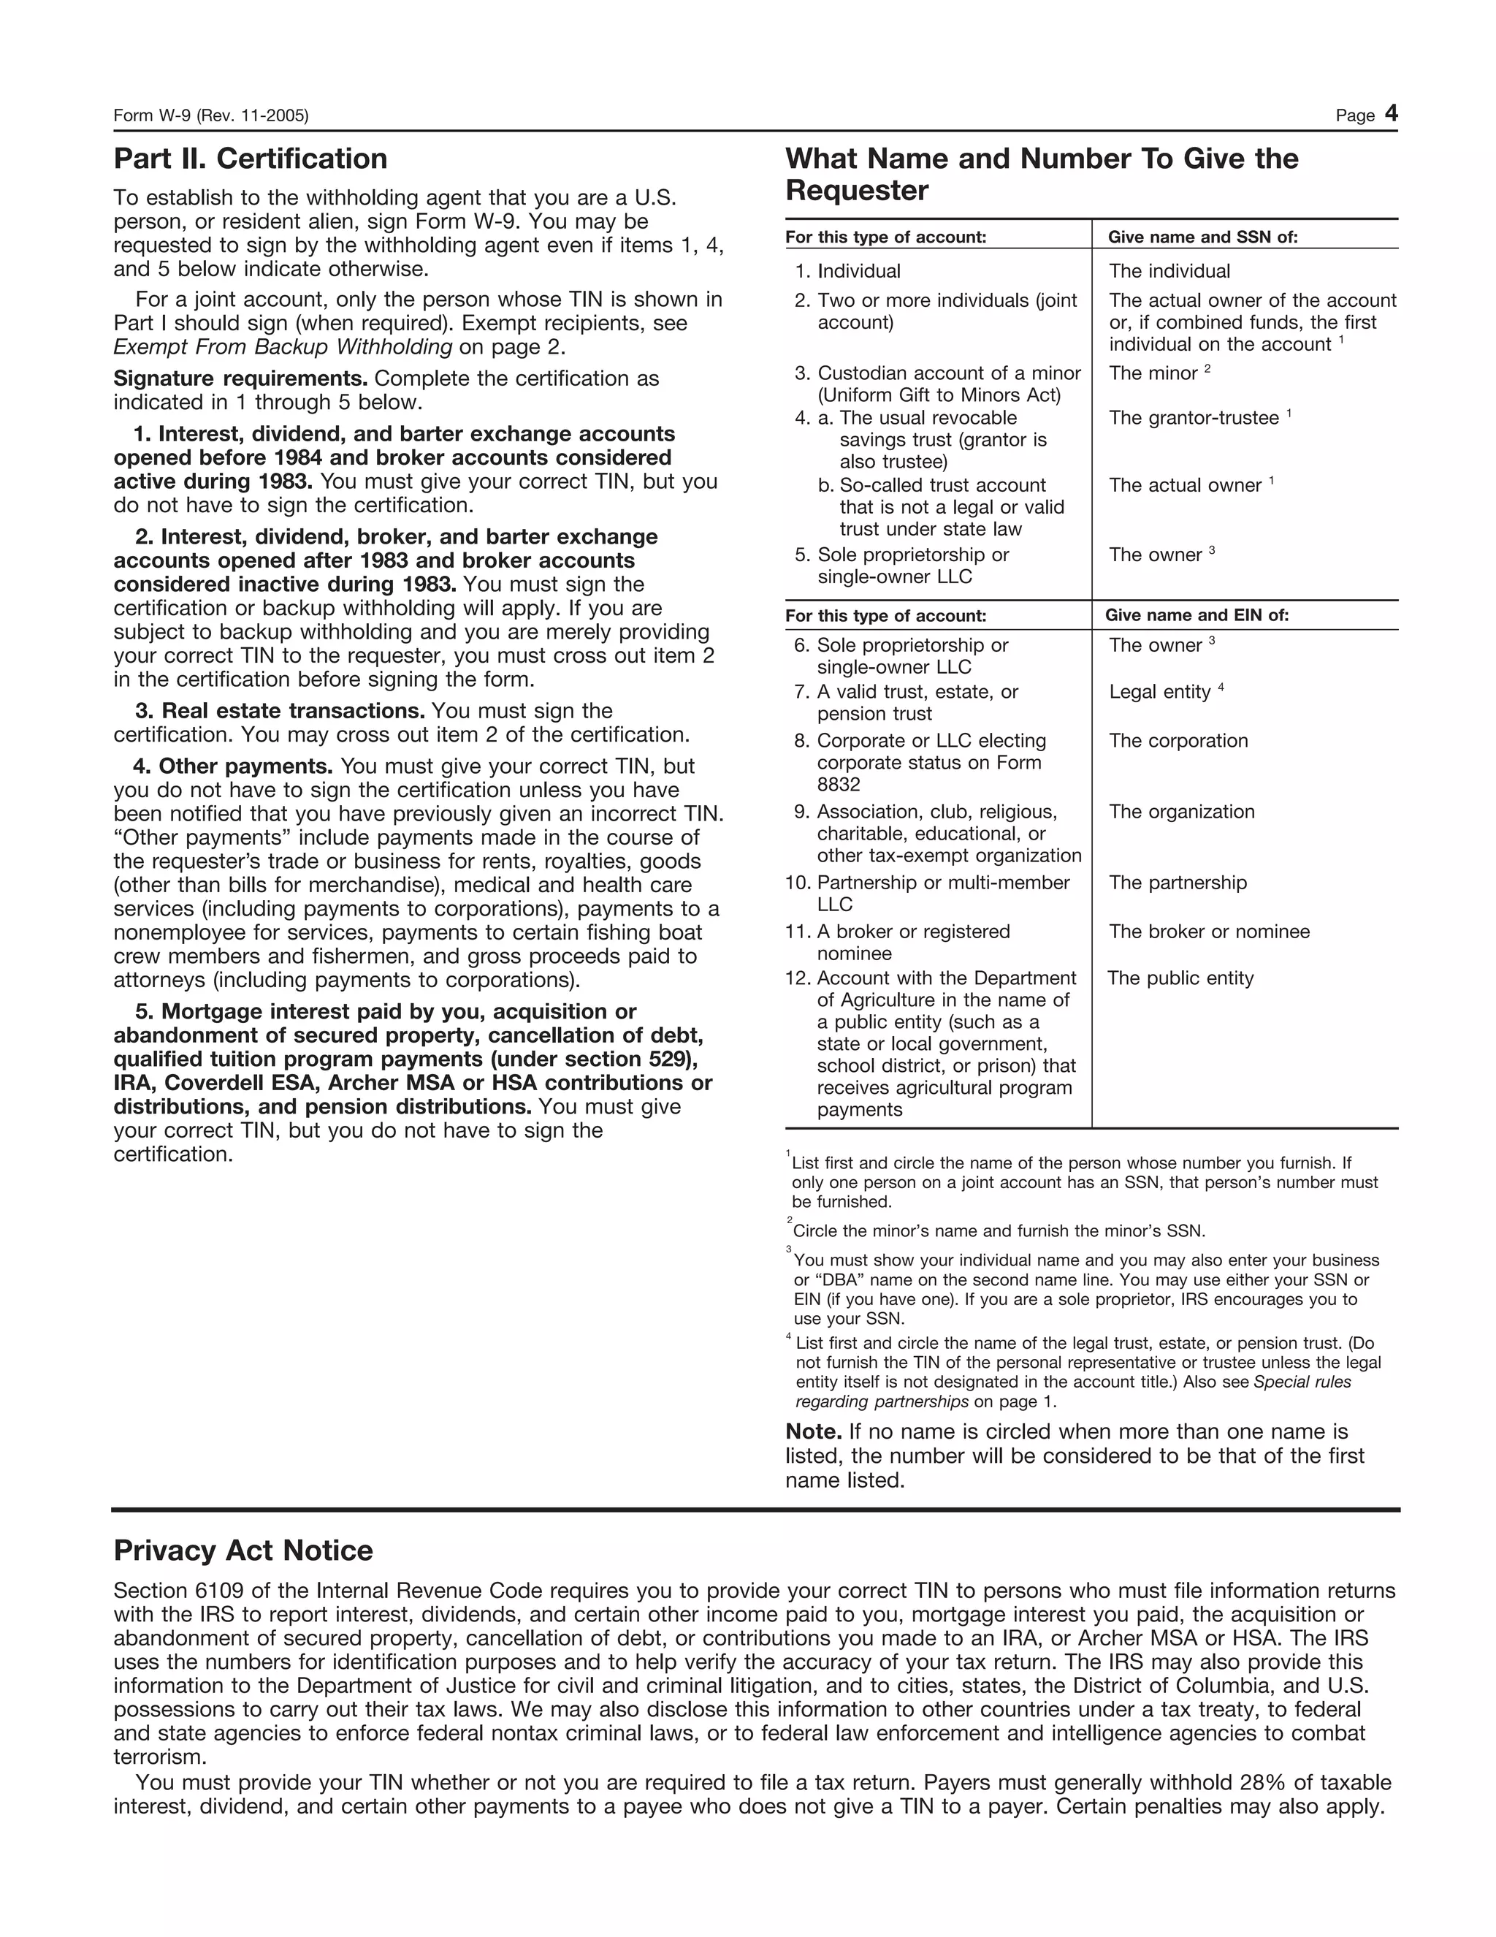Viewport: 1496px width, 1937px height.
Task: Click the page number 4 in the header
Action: (1391, 113)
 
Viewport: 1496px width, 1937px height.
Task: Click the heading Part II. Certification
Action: (250, 159)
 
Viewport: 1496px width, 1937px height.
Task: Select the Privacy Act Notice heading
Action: (243, 1550)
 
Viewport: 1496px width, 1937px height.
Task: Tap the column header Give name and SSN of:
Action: (1202, 237)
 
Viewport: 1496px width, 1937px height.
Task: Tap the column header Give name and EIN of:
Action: (1197, 615)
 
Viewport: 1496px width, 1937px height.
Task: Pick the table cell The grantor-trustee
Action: (1193, 418)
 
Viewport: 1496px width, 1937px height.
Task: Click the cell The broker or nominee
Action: (1209, 932)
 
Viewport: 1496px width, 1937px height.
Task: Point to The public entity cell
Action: (1180, 978)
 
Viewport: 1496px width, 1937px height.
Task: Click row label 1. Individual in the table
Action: (848, 271)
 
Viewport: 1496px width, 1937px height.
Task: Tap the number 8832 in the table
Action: (838, 784)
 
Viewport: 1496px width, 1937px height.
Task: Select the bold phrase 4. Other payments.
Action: (233, 766)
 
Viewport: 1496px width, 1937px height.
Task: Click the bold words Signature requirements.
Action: (240, 378)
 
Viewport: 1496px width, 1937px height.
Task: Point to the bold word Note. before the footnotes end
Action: (813, 1431)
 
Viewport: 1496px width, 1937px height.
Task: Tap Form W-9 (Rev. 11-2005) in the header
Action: (211, 116)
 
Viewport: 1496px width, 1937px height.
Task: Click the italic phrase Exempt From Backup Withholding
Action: (283, 347)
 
